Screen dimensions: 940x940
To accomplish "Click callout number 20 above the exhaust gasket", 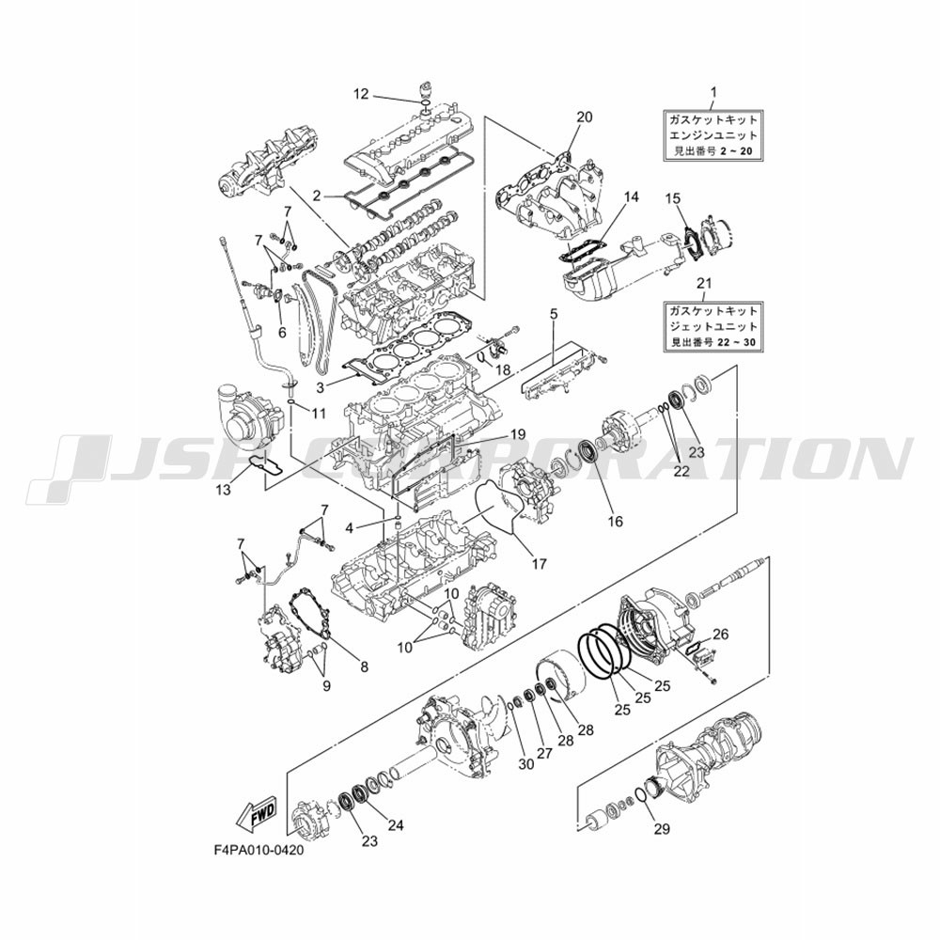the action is (585, 117).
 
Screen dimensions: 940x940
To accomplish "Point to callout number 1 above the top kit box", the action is (713, 92).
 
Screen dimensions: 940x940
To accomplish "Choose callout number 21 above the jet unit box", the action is (704, 282).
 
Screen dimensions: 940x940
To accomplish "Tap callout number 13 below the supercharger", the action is (223, 490).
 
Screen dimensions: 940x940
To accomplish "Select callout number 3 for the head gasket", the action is (321, 387).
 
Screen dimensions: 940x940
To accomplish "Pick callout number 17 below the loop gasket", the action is (539, 564).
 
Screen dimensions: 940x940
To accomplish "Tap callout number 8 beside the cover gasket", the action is (364, 666).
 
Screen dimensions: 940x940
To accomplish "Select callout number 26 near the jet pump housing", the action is (720, 634).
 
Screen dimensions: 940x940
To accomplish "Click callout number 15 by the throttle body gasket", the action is (673, 197).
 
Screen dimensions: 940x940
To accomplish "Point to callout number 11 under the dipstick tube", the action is (319, 413).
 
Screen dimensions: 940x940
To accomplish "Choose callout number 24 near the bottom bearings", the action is (396, 825).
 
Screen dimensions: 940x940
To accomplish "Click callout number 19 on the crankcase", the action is (517, 433).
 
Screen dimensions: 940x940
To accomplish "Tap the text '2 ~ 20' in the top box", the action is (737, 151).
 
